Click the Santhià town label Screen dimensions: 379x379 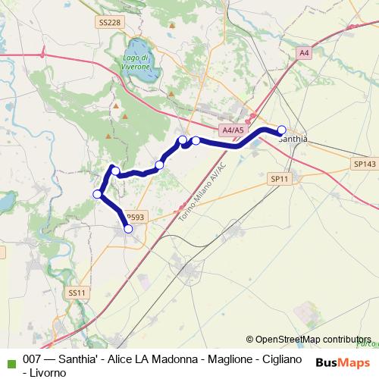point(293,139)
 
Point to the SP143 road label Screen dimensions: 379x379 point(364,163)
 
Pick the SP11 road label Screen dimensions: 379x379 point(280,179)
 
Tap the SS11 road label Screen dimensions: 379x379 point(78,292)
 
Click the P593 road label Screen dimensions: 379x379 point(135,216)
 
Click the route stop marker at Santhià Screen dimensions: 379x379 point(282,130)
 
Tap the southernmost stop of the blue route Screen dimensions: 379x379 point(128,228)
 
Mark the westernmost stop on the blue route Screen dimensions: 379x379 point(97,195)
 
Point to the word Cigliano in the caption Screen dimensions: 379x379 point(281,359)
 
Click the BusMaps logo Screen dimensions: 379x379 point(342,362)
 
